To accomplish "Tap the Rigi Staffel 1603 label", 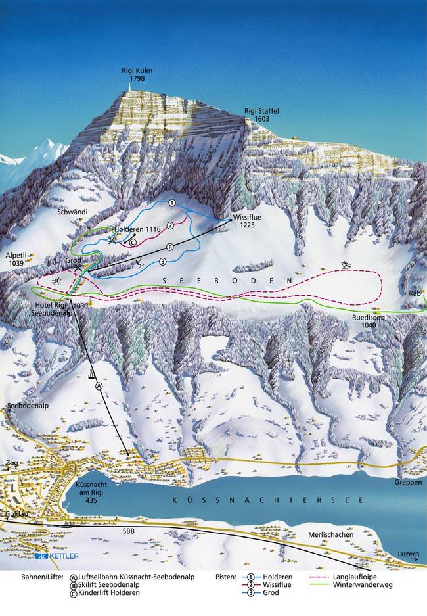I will click(x=261, y=115).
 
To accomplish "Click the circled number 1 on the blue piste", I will click(x=171, y=203).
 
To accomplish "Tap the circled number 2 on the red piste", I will click(x=169, y=225).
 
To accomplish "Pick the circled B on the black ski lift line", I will click(x=169, y=247).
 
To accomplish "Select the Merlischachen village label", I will click(x=330, y=535).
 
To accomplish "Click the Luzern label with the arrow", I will click(x=408, y=554).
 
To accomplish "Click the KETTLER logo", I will click(x=57, y=556).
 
